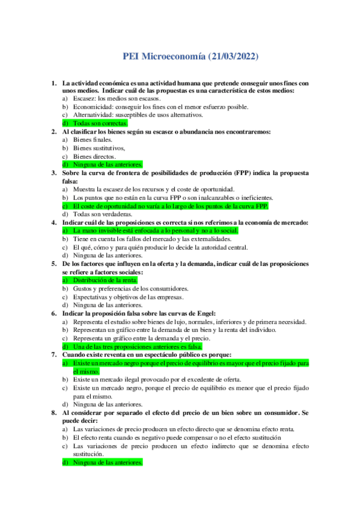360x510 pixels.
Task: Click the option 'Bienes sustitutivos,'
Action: pos(99,148)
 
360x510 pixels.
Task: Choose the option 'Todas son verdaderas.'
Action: pos(103,214)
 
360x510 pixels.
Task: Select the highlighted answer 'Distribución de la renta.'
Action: pos(105,280)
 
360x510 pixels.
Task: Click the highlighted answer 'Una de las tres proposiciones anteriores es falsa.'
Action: pos(136,346)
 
